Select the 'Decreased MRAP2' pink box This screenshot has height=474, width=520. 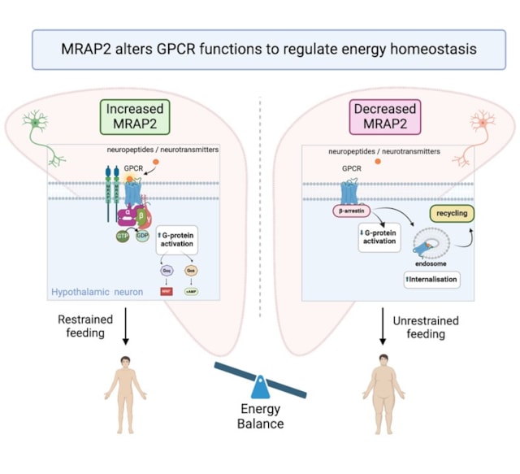click(383, 116)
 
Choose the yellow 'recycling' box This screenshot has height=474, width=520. click(453, 215)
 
